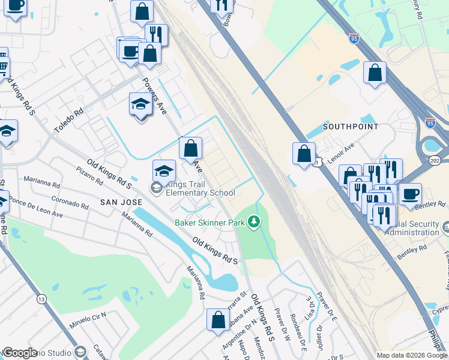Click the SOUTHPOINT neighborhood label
pyautogui.click(x=351, y=127)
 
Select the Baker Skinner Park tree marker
pyautogui.click(x=255, y=223)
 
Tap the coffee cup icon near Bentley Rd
pyautogui.click(x=411, y=194)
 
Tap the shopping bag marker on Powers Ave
pyautogui.click(x=190, y=148)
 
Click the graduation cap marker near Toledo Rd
pyautogui.click(x=140, y=104)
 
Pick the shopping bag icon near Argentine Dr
pyautogui.click(x=218, y=319)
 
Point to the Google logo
pyautogui.click(x=20, y=353)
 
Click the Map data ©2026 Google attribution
pyautogui.click(x=412, y=355)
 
